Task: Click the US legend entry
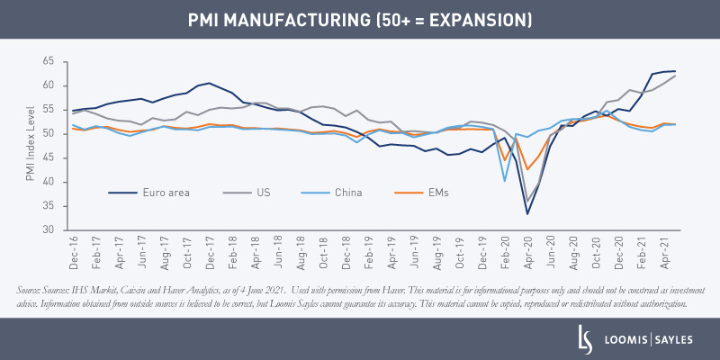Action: coord(262,192)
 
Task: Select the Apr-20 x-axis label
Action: coord(527,254)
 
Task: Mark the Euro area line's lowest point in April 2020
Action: coord(527,213)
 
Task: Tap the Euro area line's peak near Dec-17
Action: coord(209,83)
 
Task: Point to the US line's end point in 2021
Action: coord(676,76)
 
